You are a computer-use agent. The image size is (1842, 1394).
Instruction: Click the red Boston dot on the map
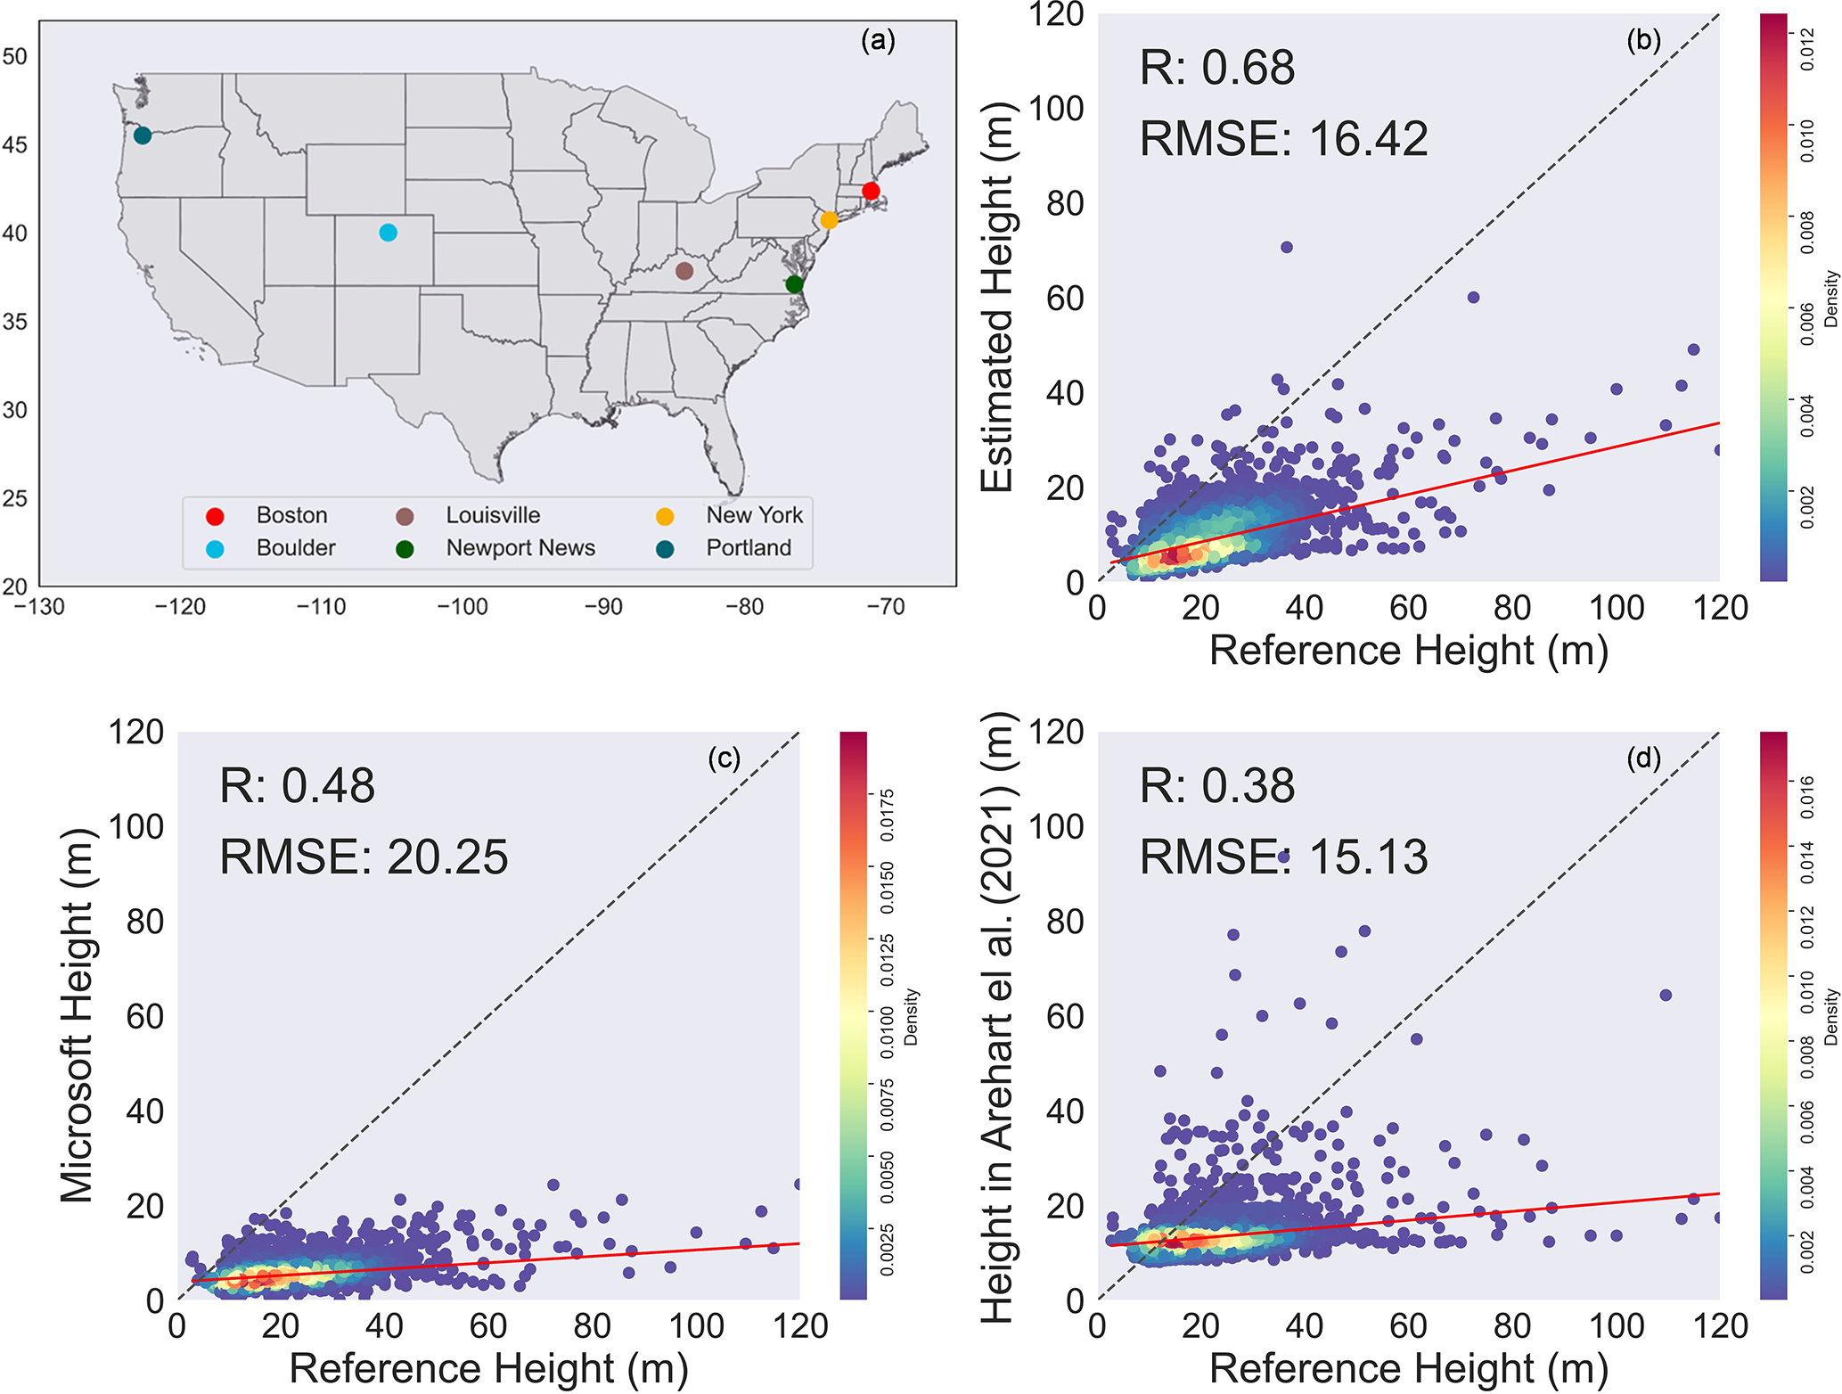coord(871,191)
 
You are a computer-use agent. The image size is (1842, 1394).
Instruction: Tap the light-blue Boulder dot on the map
coord(388,233)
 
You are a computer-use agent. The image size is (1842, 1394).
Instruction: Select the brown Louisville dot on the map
coord(684,271)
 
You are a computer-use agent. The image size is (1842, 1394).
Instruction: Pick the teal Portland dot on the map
coord(143,135)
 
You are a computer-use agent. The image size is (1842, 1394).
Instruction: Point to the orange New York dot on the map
coord(829,220)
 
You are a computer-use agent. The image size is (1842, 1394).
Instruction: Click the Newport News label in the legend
coord(520,548)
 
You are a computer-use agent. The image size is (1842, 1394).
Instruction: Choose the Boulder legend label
coord(296,548)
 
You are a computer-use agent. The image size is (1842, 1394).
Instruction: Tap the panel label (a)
coord(878,40)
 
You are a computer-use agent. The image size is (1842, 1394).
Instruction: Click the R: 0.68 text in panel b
coord(1216,68)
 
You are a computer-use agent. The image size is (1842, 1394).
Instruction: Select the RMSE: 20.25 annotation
coord(364,857)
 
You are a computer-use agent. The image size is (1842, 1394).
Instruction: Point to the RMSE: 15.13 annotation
coord(1284,857)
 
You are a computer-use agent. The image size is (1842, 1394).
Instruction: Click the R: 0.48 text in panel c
coord(297,786)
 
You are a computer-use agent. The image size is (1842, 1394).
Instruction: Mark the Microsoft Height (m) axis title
coord(78,1015)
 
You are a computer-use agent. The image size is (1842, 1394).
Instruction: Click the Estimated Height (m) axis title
coord(998,297)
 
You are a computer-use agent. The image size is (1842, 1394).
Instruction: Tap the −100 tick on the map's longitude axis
coord(462,608)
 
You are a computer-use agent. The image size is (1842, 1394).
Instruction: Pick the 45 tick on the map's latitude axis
coord(15,144)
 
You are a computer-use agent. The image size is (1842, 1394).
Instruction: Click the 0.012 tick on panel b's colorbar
coord(1806,48)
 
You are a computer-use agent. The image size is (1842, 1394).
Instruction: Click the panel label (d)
coord(1643,758)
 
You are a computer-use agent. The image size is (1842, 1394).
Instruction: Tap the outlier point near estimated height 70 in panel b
coord(1286,247)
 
